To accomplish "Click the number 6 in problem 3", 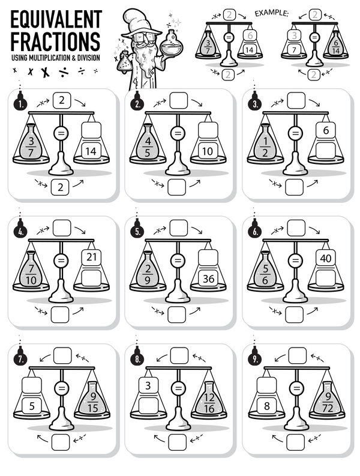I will click(325, 130).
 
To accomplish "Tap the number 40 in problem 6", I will click(325, 258).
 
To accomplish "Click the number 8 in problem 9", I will click(266, 406).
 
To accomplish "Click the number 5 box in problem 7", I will click(31, 406).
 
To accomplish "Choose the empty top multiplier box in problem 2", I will click(178, 100).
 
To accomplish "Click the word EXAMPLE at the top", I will click(272, 12).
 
